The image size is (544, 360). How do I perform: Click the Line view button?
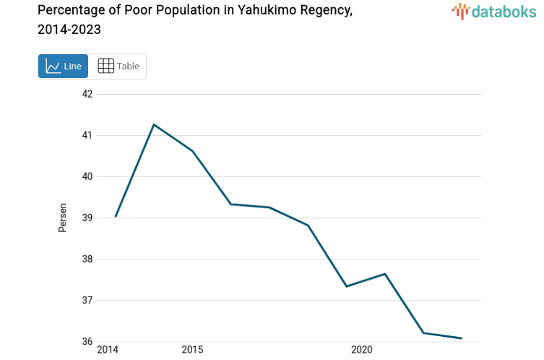[64, 67]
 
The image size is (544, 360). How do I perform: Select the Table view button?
[118, 67]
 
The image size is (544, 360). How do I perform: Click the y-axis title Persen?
[63, 217]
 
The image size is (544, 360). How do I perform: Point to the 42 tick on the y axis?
[87, 94]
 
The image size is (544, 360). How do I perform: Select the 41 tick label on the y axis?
[87, 135]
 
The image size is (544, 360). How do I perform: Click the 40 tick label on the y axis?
[87, 176]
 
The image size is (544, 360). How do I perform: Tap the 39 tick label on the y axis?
[87, 218]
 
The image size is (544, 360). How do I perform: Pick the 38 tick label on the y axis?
[87, 259]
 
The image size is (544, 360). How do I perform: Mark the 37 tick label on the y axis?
[87, 300]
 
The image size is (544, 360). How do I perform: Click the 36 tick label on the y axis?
[87, 341]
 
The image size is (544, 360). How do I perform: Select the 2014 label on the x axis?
[108, 350]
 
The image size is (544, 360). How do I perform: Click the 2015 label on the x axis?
[192, 350]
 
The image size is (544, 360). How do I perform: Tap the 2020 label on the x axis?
[361, 350]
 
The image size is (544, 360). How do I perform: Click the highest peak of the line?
[154, 124]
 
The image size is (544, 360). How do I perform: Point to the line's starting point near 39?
[116, 216]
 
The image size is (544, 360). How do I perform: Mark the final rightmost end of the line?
[461, 338]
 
